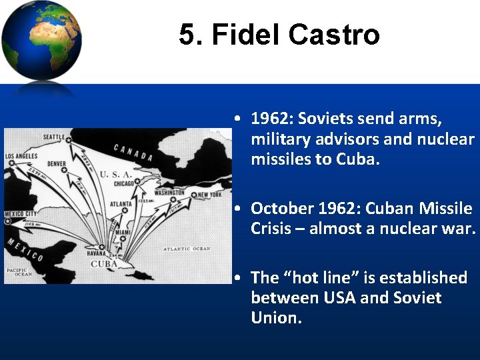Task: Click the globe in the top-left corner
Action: point(41,41)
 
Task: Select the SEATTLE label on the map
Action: point(54,137)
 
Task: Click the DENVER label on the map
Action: point(56,164)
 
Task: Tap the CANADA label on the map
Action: point(133,153)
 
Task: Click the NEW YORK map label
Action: point(210,195)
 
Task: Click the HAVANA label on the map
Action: point(97,254)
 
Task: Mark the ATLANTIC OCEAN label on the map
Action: point(187,249)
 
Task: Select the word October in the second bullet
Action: point(279,209)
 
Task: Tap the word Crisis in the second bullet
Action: point(273,229)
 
